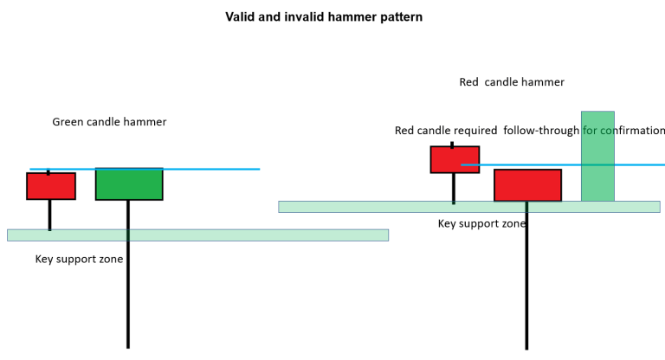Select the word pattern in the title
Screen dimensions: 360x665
click(398, 16)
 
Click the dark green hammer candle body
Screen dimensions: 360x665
click(129, 184)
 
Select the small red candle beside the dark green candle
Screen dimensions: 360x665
click(51, 186)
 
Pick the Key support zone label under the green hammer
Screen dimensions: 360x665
click(79, 259)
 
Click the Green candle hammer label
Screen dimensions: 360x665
click(109, 122)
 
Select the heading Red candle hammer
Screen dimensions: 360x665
click(511, 82)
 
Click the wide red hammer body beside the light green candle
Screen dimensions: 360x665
click(527, 185)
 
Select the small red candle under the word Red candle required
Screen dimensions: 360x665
click(455, 159)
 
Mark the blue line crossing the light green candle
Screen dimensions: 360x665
click(641, 164)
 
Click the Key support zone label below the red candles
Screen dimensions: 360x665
click(481, 223)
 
